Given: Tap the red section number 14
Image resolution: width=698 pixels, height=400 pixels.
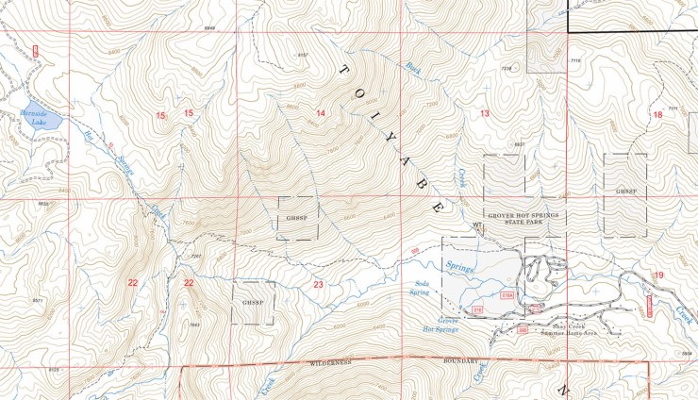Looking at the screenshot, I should [x=321, y=114].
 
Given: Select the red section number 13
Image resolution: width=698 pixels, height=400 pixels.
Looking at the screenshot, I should [x=485, y=114].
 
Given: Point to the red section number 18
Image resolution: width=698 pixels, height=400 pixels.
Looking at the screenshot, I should [x=657, y=114].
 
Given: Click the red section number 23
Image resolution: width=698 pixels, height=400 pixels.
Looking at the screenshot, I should [x=318, y=284].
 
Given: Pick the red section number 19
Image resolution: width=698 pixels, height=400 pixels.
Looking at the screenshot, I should [x=658, y=275].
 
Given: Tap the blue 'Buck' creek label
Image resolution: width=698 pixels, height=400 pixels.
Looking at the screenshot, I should [x=412, y=68].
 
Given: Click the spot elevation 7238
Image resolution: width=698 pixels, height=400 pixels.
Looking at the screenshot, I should [x=506, y=69].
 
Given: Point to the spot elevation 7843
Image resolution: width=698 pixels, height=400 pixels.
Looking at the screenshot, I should [x=194, y=325].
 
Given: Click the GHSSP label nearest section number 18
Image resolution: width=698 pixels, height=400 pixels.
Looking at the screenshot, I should [x=626, y=191].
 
